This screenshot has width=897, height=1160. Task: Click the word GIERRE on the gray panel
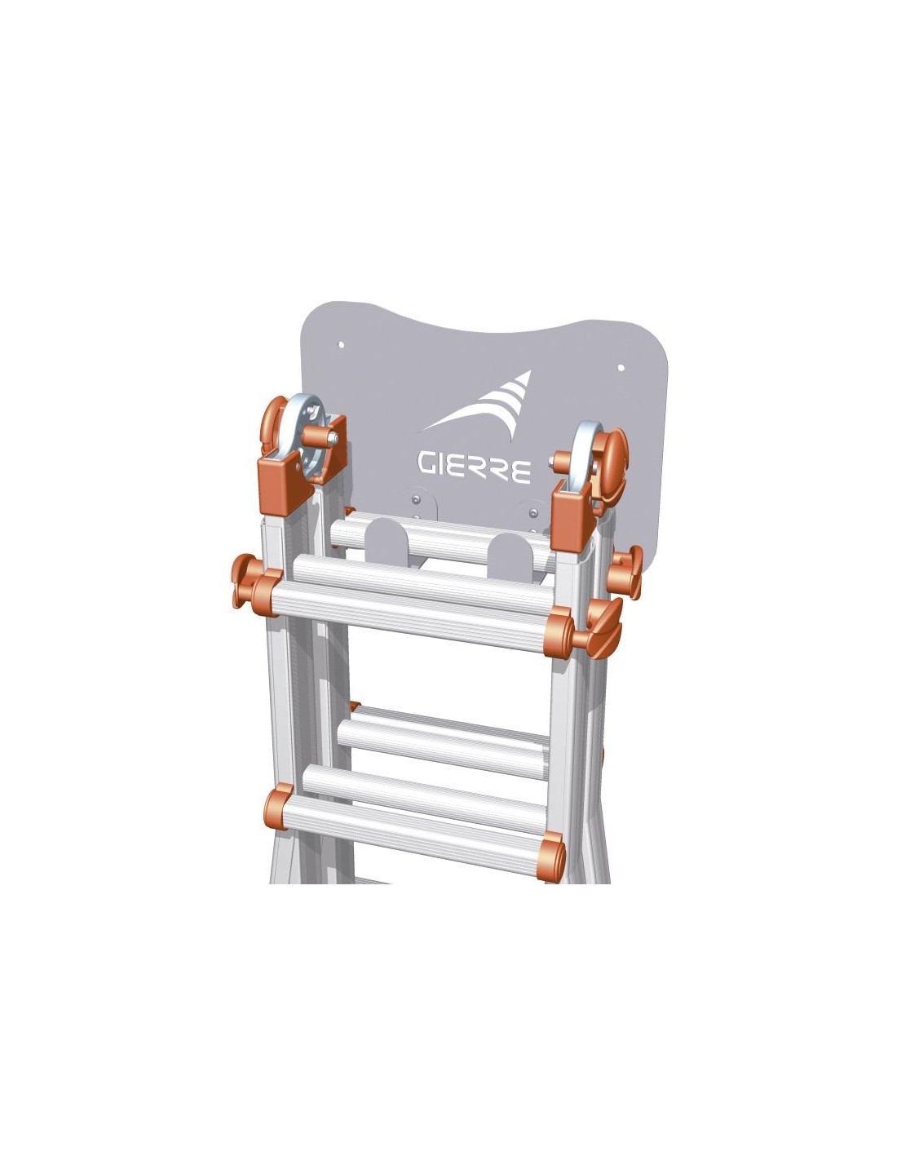(474, 467)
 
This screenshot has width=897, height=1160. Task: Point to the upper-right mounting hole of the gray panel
(621, 368)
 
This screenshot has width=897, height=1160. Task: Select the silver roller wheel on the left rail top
(306, 440)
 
